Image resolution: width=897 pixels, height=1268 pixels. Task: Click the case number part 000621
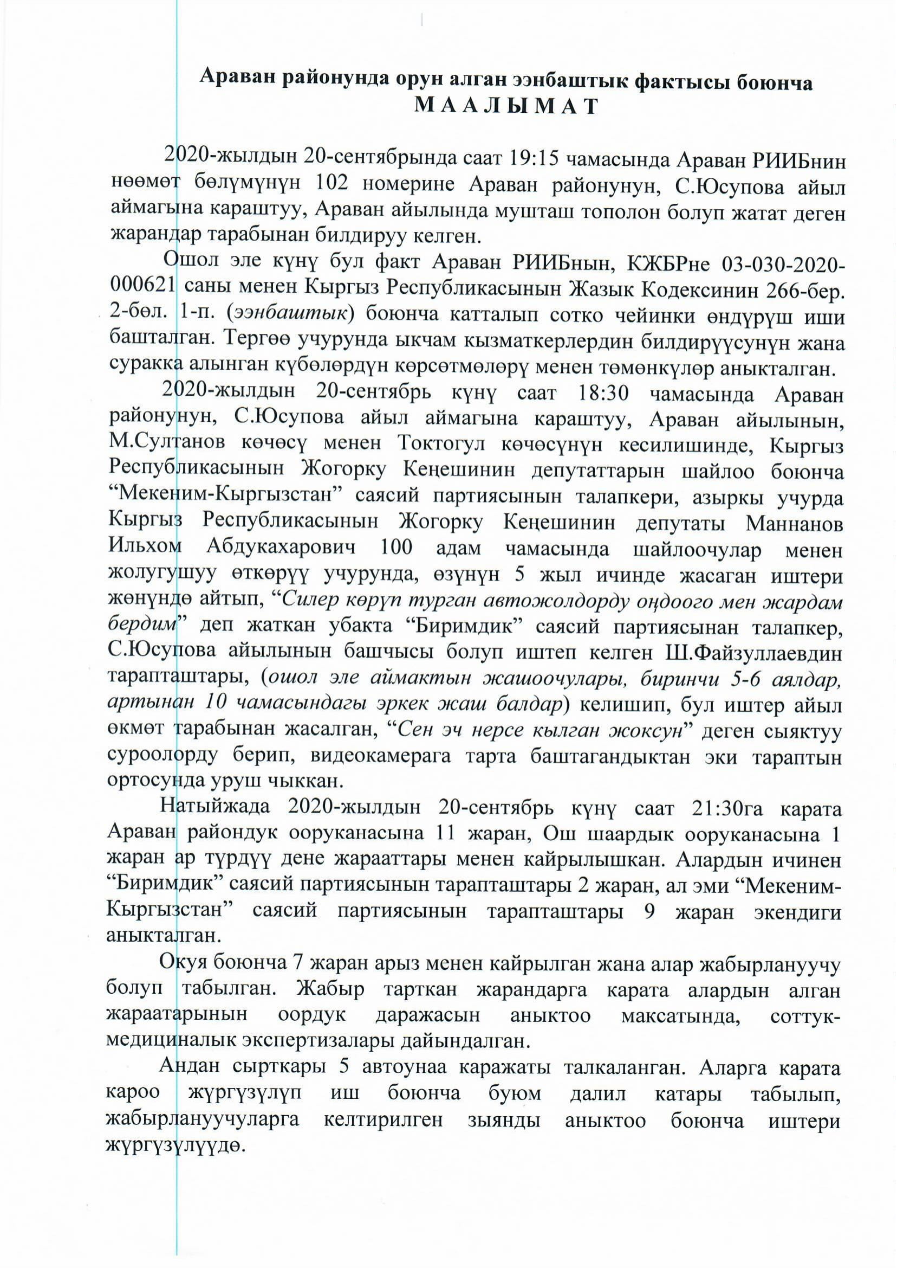point(141,292)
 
